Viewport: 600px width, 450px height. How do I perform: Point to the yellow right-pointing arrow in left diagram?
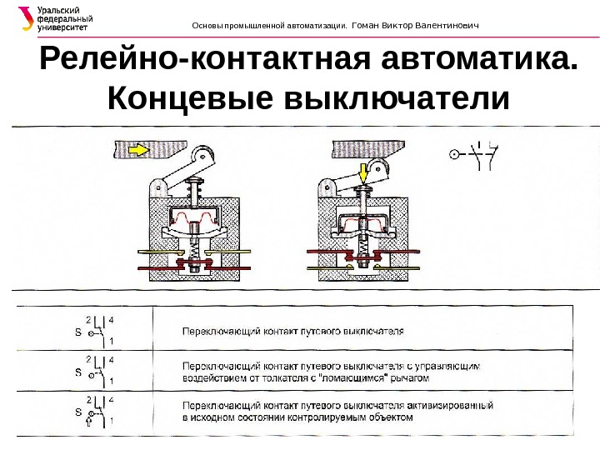pyautogui.click(x=134, y=150)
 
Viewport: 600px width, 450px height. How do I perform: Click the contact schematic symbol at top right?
pyautogui.click(x=475, y=154)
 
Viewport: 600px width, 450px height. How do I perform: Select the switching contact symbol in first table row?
pyautogui.click(x=97, y=329)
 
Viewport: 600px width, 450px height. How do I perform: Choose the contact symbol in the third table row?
pyautogui.click(x=97, y=411)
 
